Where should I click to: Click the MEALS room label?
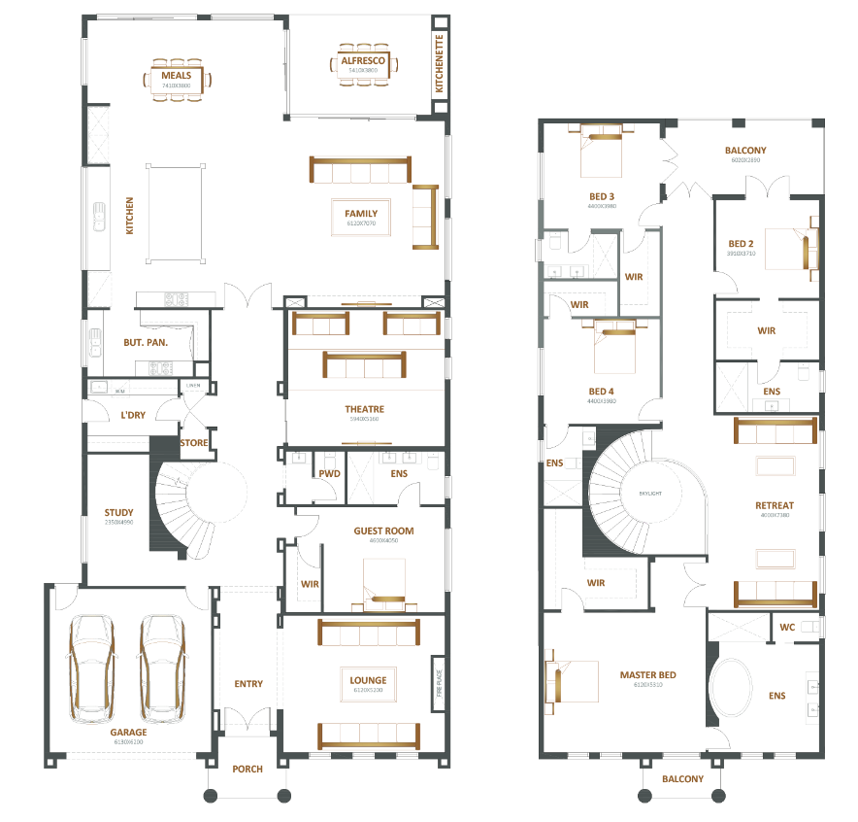pos(177,75)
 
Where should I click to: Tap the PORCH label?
pos(247,769)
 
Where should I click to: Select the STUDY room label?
pos(119,512)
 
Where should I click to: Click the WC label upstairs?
pos(787,628)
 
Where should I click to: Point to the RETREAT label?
pos(774,505)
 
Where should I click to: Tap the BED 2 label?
pos(742,244)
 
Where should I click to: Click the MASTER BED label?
pos(647,674)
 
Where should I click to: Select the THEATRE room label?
pos(364,409)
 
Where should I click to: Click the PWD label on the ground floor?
pos(329,473)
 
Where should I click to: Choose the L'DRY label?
pos(132,416)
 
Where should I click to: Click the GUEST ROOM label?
pos(385,531)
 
